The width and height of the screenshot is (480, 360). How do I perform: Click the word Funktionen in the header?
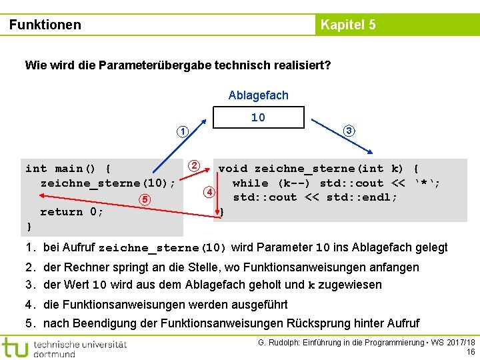(45, 25)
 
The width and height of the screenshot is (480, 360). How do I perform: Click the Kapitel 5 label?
(348, 25)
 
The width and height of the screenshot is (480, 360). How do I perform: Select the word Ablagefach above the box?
(258, 95)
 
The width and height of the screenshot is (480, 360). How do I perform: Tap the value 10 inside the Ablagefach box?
(258, 117)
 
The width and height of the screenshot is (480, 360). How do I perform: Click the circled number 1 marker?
(182, 131)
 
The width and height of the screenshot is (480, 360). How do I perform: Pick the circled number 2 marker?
(193, 165)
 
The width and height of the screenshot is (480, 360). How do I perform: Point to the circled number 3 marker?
(349, 131)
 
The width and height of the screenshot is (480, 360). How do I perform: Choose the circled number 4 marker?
(209, 193)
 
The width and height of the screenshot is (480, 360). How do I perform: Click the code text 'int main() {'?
(69, 169)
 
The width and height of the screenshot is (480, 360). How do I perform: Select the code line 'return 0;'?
(72, 212)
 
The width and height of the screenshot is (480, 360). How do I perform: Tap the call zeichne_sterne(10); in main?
(108, 183)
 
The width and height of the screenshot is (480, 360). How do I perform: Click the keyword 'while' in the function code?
(251, 183)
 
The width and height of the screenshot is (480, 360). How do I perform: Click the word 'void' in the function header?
(233, 169)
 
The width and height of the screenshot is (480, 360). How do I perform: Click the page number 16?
(471, 352)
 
